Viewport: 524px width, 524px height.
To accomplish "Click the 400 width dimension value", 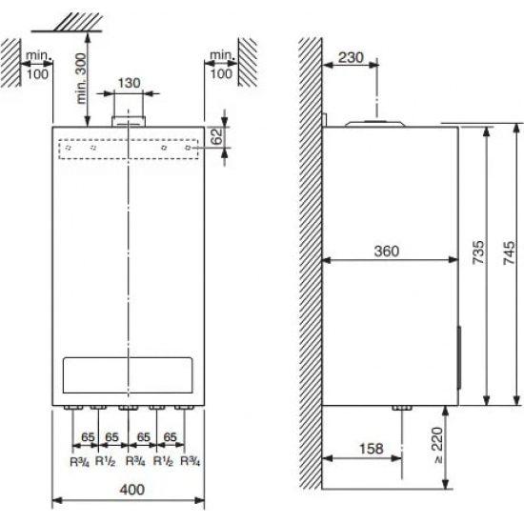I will [x=129, y=489].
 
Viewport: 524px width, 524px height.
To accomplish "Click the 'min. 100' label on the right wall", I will [x=222, y=64].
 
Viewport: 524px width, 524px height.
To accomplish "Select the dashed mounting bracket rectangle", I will [x=128, y=149].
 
